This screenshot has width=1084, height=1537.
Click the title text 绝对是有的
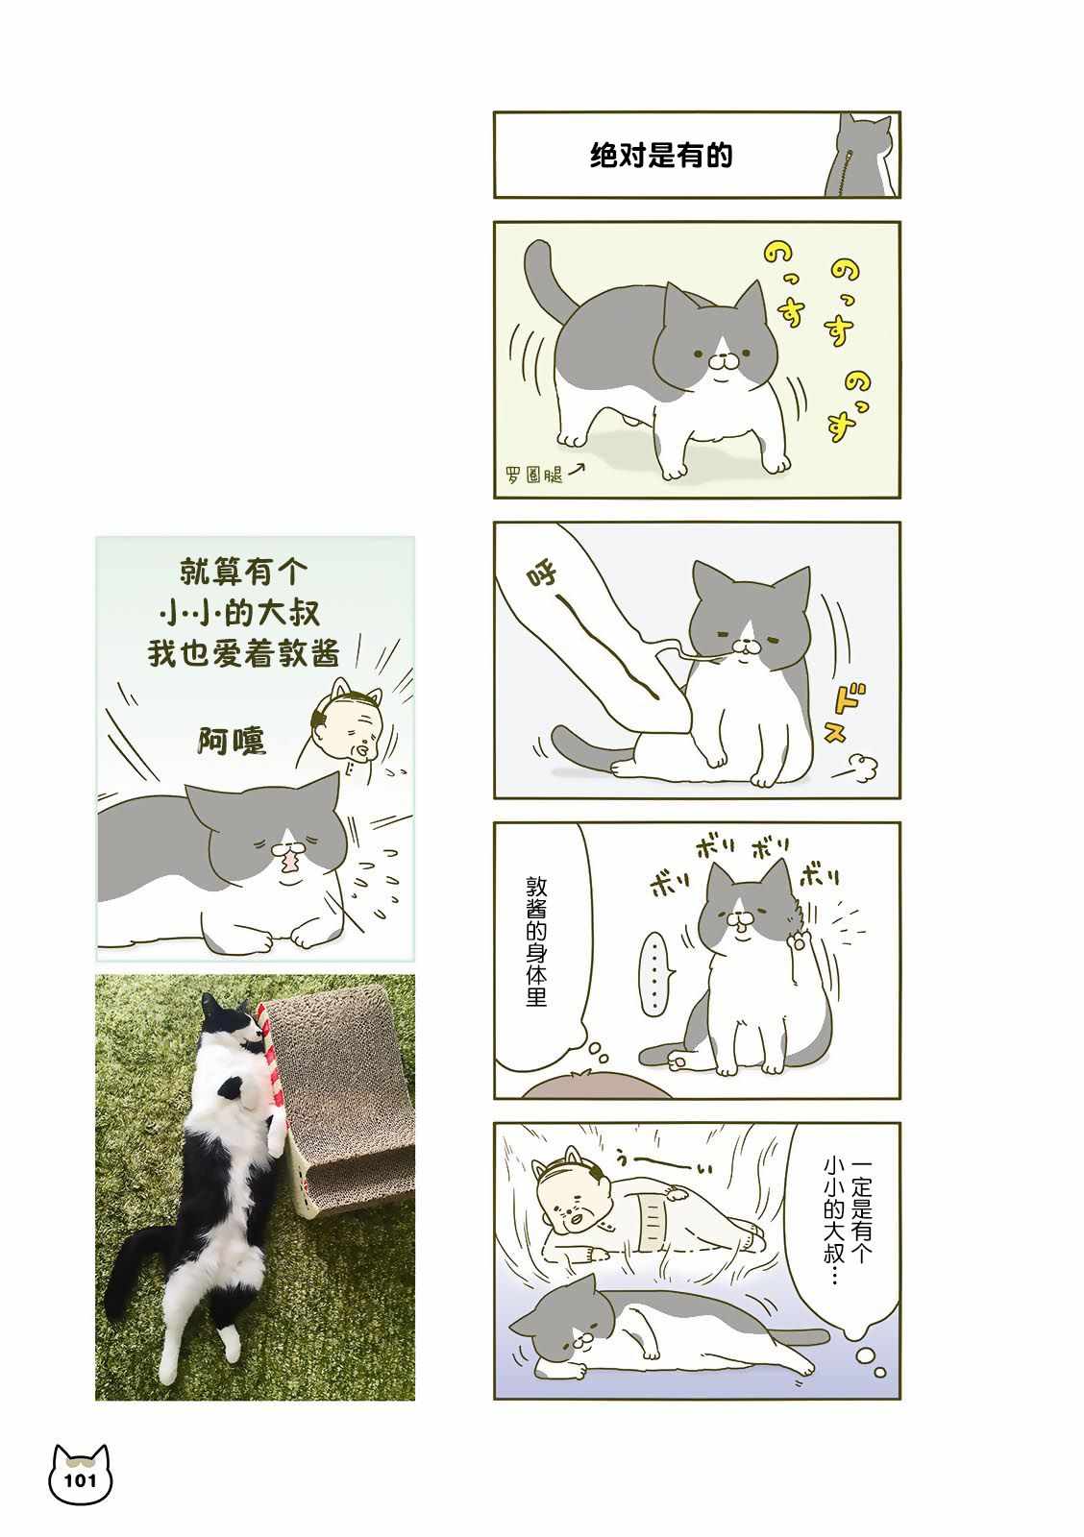(x=661, y=156)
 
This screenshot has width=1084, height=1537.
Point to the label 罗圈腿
(x=534, y=475)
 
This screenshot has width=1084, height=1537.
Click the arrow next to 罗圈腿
(x=576, y=469)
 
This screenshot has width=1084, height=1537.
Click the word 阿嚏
(x=232, y=741)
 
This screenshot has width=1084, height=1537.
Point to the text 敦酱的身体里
(x=536, y=942)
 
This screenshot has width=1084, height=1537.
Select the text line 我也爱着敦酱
(x=243, y=652)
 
